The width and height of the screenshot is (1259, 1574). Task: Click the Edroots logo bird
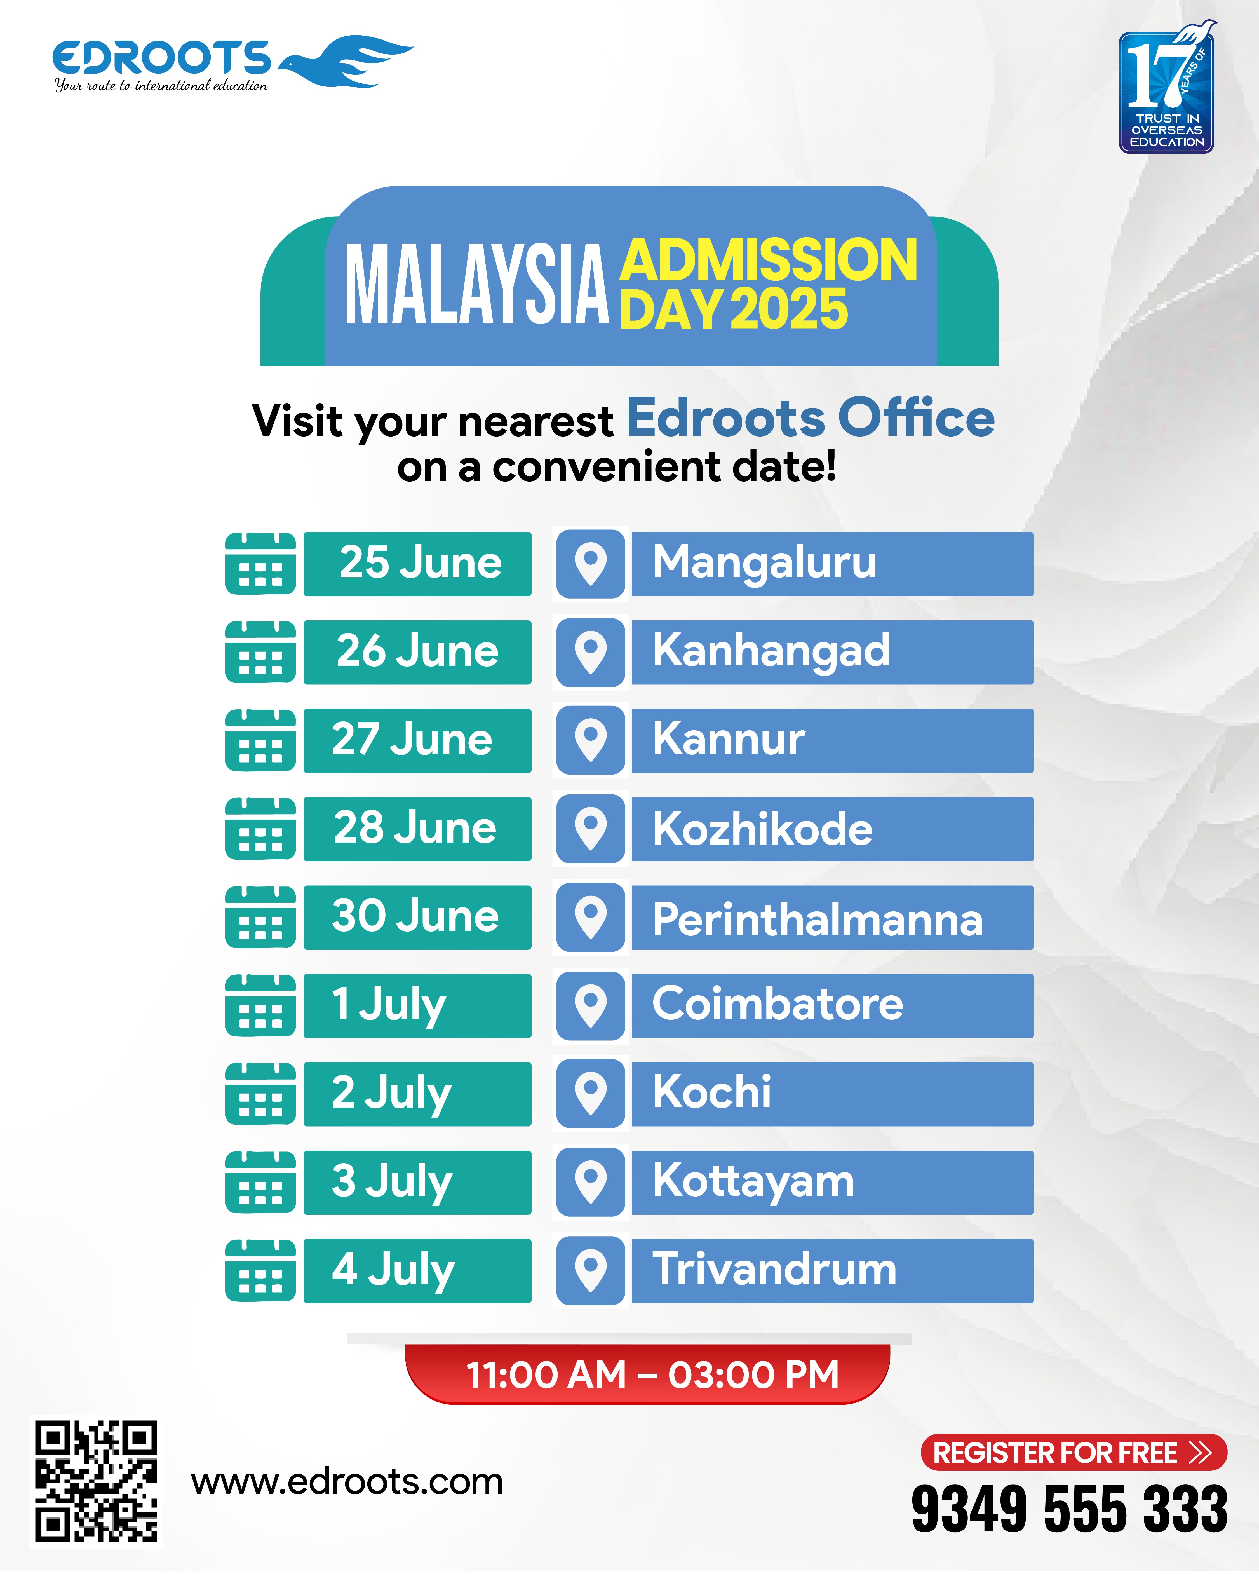tap(347, 61)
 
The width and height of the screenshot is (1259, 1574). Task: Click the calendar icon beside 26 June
tap(260, 652)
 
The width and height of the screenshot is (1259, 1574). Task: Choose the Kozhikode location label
tap(832, 829)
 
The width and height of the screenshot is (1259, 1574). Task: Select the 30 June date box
tap(417, 918)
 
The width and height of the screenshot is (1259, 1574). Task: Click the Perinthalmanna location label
tap(832, 918)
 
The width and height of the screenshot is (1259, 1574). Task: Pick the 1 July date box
tap(417, 1006)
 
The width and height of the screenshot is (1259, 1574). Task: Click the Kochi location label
tap(832, 1094)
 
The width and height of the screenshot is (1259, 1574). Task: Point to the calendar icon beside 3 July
tap(260, 1182)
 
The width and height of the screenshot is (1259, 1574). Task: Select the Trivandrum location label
tap(832, 1271)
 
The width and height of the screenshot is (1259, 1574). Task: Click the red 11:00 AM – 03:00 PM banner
tap(647, 1374)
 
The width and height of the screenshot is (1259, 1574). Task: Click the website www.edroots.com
tap(347, 1482)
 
